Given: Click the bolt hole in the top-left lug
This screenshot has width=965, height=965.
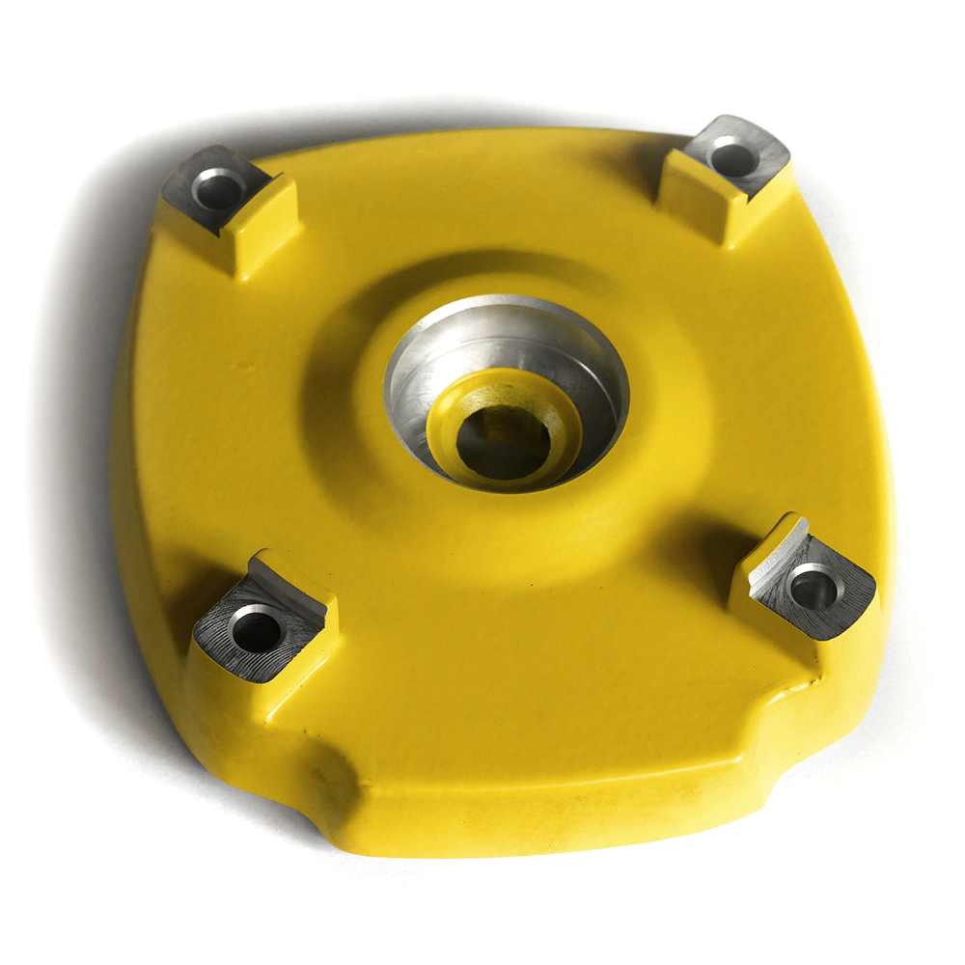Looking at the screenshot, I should coord(218,188).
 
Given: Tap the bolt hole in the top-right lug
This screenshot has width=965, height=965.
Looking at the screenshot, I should coord(733,159).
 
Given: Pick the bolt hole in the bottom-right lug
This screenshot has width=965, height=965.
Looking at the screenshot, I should coord(813,587).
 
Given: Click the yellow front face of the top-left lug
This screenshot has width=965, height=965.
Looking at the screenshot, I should coord(261,227).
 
